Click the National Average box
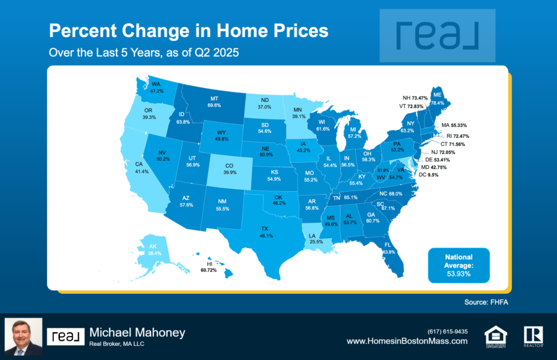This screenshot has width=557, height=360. click(x=459, y=265)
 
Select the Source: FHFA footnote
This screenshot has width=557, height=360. click(x=486, y=302)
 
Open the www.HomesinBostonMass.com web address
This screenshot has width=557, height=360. click(x=407, y=341)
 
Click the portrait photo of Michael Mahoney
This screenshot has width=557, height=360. click(x=24, y=336)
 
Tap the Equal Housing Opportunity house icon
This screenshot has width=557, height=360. click(x=496, y=336)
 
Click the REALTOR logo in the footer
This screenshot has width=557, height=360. click(x=533, y=336)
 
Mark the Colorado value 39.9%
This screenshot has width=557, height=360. click(x=230, y=172)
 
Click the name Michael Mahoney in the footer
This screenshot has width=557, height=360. click(x=137, y=333)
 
